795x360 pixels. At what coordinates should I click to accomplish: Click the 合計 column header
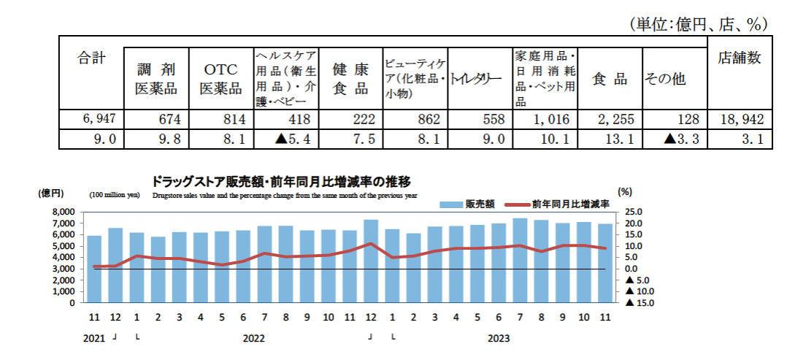(92, 59)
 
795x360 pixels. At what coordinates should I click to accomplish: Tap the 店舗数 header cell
(740, 58)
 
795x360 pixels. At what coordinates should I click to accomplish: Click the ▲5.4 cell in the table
(285, 138)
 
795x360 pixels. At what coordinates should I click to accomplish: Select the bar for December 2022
(371, 261)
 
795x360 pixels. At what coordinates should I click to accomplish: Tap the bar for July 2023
(520, 260)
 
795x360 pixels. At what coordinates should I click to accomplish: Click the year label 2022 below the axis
(253, 338)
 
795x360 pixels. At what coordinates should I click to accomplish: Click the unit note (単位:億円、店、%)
(699, 24)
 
